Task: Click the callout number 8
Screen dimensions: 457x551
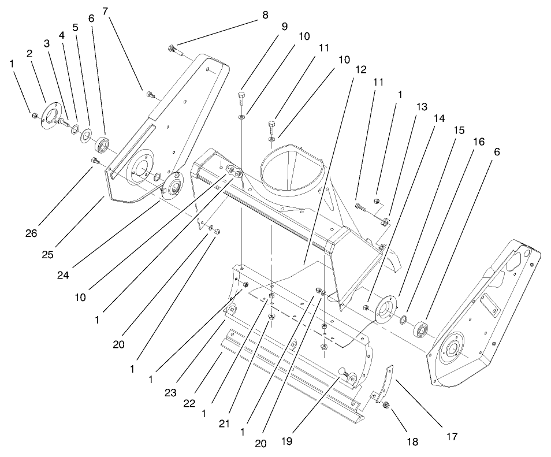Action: point(265,16)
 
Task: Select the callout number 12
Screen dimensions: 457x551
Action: point(360,69)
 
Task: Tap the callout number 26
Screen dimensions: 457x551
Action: point(31,233)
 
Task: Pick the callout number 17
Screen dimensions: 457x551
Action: point(452,437)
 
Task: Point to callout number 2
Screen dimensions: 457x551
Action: point(28,53)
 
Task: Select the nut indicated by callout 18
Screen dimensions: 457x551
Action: point(386,406)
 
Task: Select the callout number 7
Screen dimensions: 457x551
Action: point(105,11)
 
